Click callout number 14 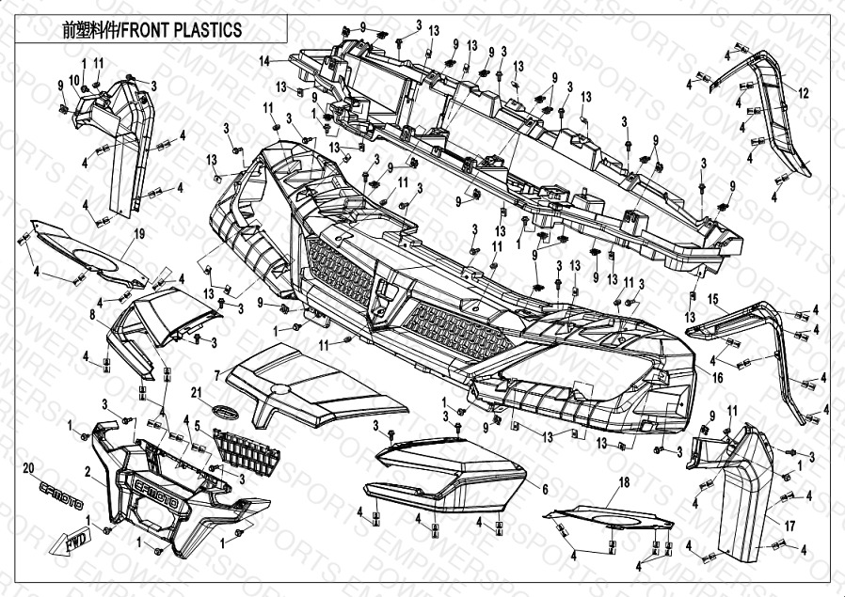point(265,61)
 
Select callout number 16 point(718,378)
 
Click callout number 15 point(712,300)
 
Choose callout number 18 point(622,483)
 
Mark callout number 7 point(215,375)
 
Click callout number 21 point(197,391)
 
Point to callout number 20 point(27,467)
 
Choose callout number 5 point(197,426)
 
